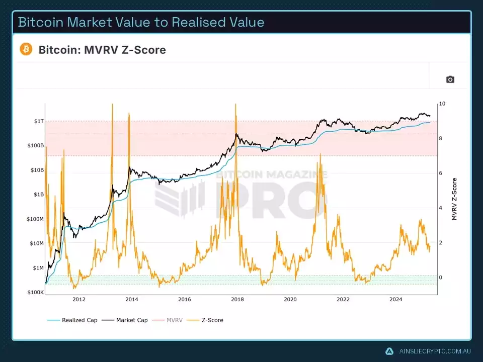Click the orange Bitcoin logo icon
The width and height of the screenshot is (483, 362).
26,49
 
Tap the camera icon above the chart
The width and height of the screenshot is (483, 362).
450,79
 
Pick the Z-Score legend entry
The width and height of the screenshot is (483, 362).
211,320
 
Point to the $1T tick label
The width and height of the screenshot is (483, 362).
38,121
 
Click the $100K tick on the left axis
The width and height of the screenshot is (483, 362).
36,292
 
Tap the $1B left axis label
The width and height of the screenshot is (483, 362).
38,195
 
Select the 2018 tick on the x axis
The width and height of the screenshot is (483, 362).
237,300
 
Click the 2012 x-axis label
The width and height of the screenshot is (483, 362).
79,300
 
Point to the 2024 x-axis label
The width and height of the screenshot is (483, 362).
396,300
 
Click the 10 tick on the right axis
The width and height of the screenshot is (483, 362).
442,104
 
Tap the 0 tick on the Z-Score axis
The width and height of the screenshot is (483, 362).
441,278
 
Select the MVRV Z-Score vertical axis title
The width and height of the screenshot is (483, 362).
455,199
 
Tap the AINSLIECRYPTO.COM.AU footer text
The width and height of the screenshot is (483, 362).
434,351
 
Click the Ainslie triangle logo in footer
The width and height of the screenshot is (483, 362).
389,351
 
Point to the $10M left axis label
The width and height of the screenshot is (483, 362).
36,243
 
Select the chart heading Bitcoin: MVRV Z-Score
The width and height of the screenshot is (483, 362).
102,50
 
